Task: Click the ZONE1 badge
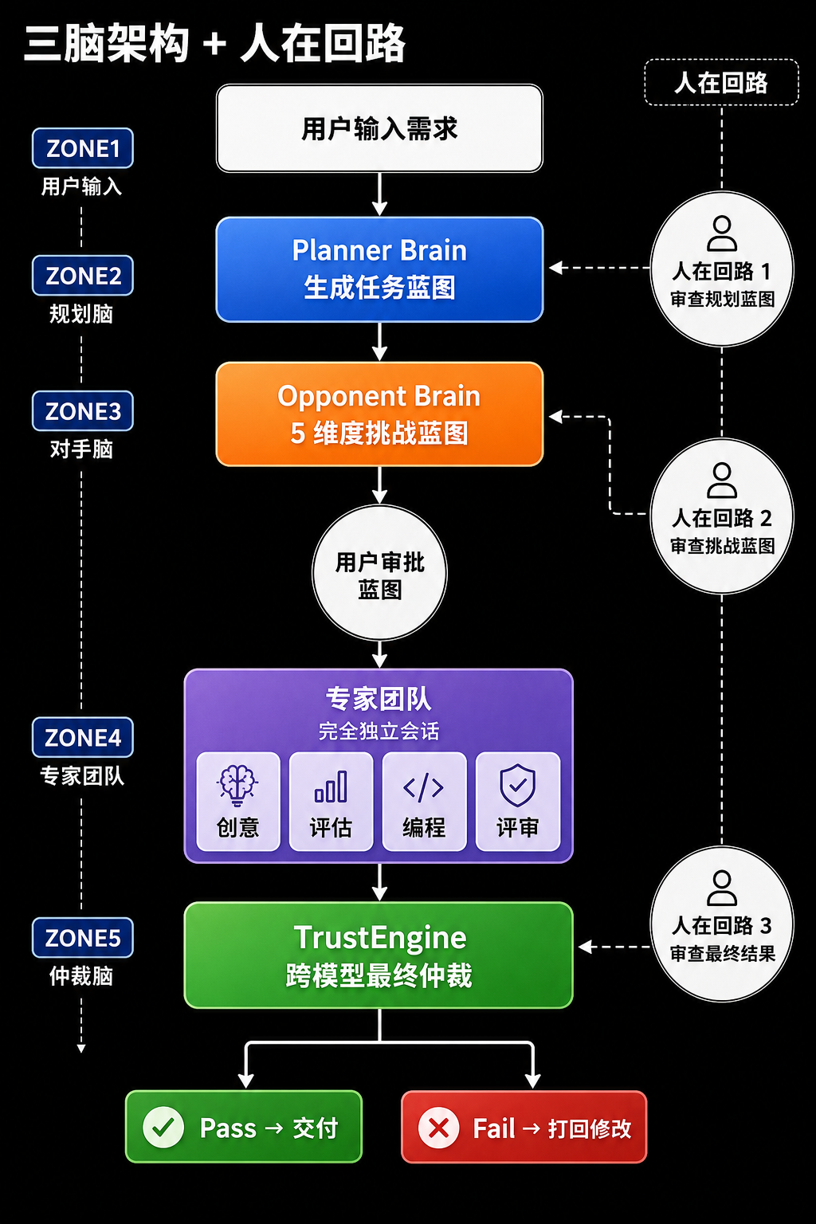click(83, 148)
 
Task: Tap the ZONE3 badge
click(83, 411)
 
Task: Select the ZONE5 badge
click(83, 938)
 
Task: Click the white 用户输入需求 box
click(379, 128)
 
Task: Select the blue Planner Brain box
click(379, 269)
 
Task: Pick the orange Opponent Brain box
click(379, 414)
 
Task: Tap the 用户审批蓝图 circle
click(379, 573)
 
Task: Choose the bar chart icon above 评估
click(331, 787)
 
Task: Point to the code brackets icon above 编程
click(424, 787)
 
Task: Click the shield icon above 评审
click(518, 785)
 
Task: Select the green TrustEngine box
click(379, 955)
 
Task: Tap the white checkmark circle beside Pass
click(163, 1128)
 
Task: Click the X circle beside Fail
click(438, 1128)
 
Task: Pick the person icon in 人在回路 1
click(722, 233)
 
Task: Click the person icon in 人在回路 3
click(722, 888)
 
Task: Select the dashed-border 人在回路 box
click(721, 82)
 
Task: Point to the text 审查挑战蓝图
click(723, 546)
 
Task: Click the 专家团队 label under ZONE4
click(83, 776)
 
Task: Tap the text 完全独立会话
click(379, 731)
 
